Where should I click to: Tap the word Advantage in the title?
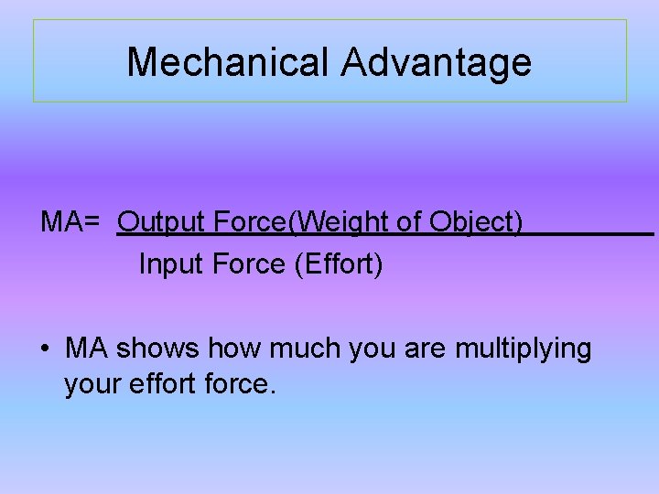point(437,62)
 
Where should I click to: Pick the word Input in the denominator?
point(171,264)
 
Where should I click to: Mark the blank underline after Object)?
point(590,232)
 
